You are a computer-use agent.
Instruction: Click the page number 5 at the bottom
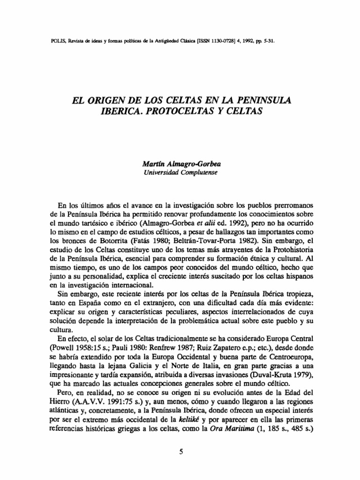click(x=180, y=452)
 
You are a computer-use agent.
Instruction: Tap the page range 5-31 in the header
click(x=267, y=40)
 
